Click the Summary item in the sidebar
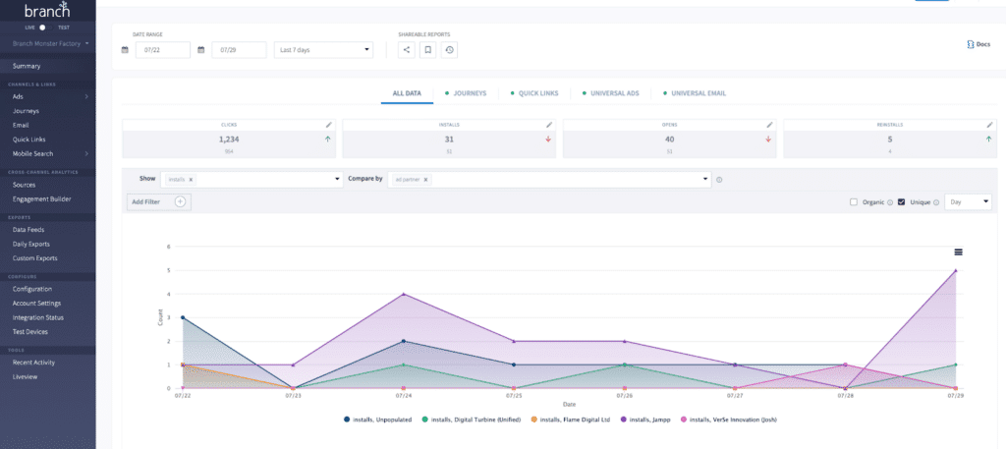tap(27, 66)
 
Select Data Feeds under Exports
tap(28, 229)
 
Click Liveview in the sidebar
tap(25, 376)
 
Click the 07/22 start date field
tap(162, 49)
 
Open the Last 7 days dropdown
tap(323, 49)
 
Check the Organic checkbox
tap(854, 202)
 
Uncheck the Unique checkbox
tap(901, 202)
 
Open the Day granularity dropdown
tap(968, 201)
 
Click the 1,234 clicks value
tap(229, 140)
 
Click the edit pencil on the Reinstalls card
tap(990, 125)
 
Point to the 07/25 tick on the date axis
tap(514, 396)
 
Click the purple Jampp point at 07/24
tap(404, 294)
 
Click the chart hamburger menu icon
tap(958, 253)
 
